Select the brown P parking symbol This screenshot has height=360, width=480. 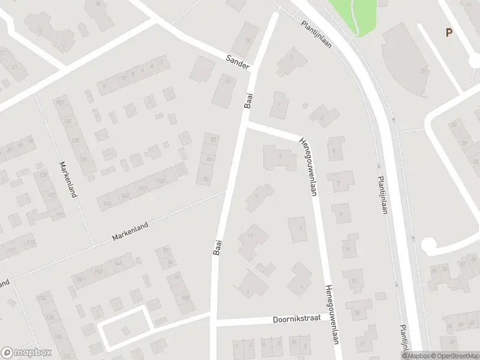tap(448, 33)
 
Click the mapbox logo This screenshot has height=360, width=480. tap(26, 352)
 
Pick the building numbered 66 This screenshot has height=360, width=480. tap(225, 88)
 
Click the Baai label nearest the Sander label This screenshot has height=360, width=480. tap(248, 101)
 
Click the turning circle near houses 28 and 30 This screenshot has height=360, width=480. tap(429, 245)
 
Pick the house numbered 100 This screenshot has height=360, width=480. tap(184, 298)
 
